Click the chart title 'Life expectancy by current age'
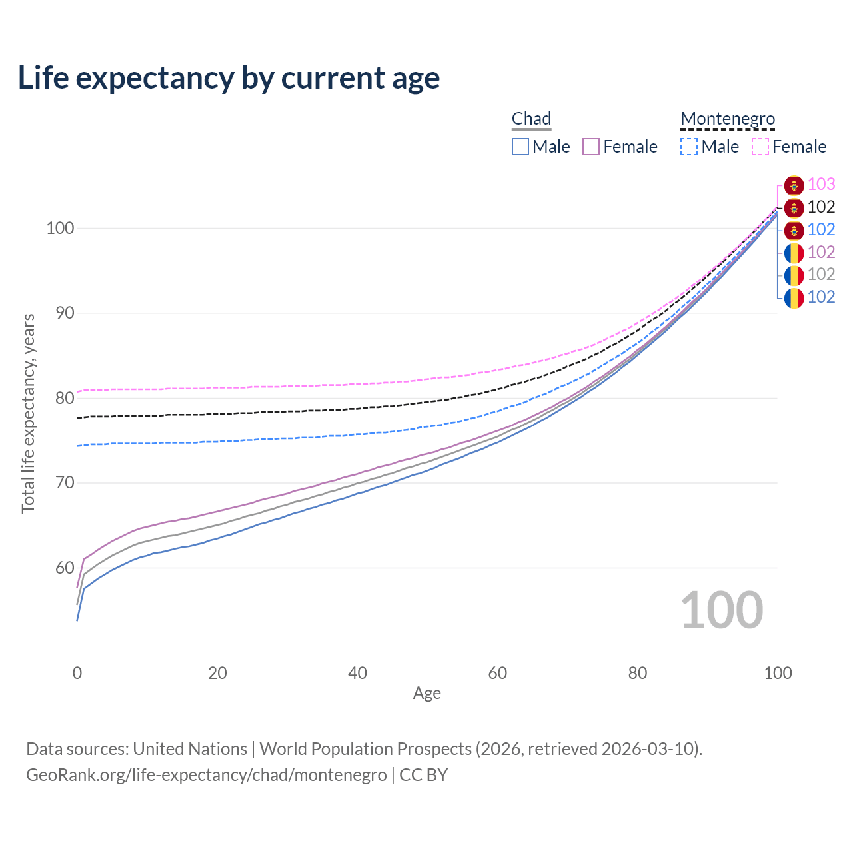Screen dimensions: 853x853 click(229, 78)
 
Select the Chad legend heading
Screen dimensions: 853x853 click(531, 119)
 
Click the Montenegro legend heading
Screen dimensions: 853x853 click(728, 119)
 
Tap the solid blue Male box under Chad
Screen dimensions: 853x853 click(520, 147)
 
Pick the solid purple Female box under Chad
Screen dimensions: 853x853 click(591, 147)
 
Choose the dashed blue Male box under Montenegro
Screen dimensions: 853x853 click(689, 147)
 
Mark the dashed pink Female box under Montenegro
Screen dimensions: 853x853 click(760, 147)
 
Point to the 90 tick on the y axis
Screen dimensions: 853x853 click(65, 313)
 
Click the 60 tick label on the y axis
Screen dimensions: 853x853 click(65, 568)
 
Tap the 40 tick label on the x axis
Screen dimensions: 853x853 click(357, 673)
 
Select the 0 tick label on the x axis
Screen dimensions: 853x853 click(77, 673)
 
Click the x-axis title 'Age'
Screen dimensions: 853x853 click(426, 694)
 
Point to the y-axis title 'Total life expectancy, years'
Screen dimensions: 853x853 click(29, 414)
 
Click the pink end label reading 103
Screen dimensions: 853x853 click(821, 184)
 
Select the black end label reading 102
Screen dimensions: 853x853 click(821, 207)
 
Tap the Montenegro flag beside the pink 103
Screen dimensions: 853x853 click(794, 185)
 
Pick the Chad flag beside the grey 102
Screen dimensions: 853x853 click(794, 275)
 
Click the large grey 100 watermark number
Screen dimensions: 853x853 click(722, 610)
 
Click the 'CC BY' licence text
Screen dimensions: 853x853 click(424, 775)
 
